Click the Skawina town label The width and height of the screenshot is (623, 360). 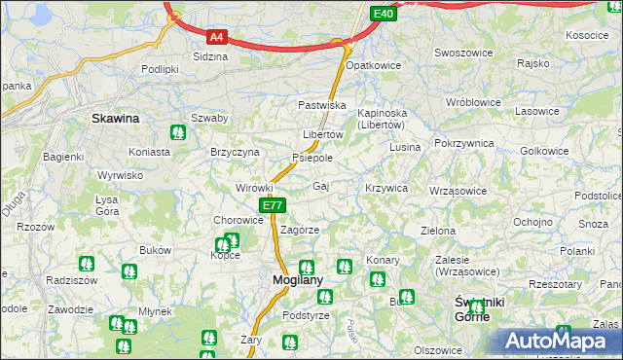click(x=115, y=118)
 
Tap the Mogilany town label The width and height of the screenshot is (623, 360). click(x=291, y=279)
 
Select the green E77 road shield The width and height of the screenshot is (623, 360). click(x=273, y=205)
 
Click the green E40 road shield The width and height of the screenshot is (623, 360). click(x=384, y=13)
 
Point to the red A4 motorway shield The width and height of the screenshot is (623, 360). click(x=218, y=38)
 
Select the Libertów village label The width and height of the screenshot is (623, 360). click(x=323, y=134)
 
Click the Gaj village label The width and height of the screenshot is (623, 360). click(x=321, y=185)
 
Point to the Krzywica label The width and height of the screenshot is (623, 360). click(x=385, y=187)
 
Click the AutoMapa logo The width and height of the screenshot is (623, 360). click(x=557, y=342)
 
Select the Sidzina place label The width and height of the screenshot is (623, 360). click(x=210, y=56)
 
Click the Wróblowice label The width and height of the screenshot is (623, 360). click(x=472, y=101)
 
